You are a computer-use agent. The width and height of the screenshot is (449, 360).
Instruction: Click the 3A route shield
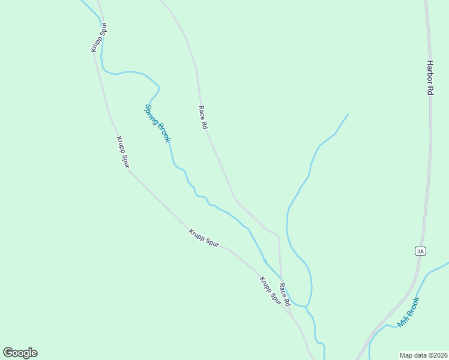pos(420,251)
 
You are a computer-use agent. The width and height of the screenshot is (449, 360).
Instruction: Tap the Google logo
pos(20,353)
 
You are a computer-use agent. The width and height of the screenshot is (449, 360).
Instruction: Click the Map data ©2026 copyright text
pos(423,355)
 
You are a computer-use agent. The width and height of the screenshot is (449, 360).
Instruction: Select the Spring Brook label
pos(157,124)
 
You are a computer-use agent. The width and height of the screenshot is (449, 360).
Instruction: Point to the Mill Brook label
pos(408,312)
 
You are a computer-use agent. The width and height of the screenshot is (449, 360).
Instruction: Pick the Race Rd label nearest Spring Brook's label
pos(203,118)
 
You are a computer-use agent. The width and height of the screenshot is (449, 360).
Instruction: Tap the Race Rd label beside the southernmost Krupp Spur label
pos(285,294)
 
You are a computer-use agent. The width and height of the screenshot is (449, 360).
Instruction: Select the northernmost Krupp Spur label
pos(99,37)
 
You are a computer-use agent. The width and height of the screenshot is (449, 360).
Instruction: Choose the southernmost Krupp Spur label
pos(270,290)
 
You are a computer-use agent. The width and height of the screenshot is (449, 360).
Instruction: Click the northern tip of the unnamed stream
pos(348,113)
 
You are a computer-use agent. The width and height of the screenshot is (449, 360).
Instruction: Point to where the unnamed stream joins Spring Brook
pos(306,307)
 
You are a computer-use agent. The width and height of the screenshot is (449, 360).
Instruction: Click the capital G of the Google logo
pos(8,353)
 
